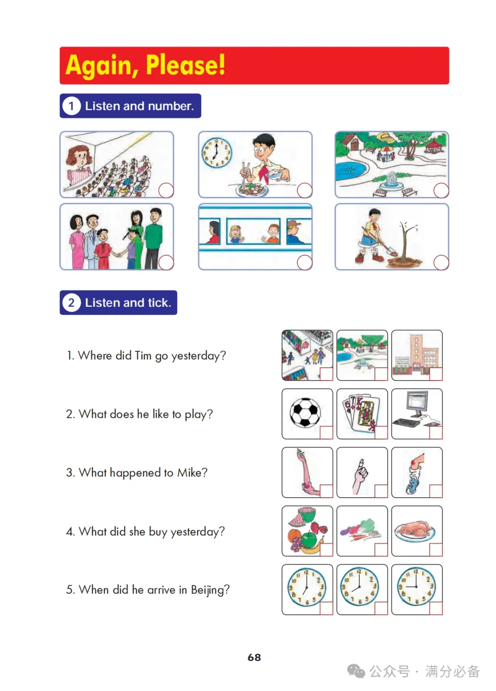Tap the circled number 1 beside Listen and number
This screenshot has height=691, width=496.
pos(71,106)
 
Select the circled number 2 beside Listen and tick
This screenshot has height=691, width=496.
pos(71,302)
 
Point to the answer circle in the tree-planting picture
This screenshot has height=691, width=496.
pos(441,263)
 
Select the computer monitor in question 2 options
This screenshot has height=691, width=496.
pos(417,403)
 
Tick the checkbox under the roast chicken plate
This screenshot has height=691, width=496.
pos(435,550)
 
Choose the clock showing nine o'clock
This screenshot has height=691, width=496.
pos(416,586)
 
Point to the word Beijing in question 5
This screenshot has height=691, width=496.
pos(210,590)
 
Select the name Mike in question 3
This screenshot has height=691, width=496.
pos(192,472)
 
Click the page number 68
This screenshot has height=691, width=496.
pos(254,657)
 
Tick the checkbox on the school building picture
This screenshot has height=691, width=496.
pos(435,374)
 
